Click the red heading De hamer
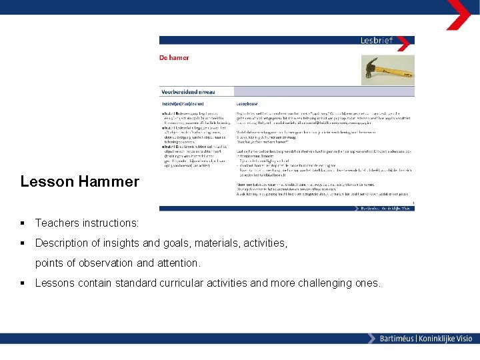point(174,58)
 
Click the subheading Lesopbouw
point(248,104)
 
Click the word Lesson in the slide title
point(43,181)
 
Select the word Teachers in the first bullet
point(56,223)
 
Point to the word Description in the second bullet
point(63,243)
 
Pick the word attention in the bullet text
point(176,263)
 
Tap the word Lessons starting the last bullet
point(56,283)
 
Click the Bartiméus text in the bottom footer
point(396,339)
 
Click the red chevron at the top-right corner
point(459,14)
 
